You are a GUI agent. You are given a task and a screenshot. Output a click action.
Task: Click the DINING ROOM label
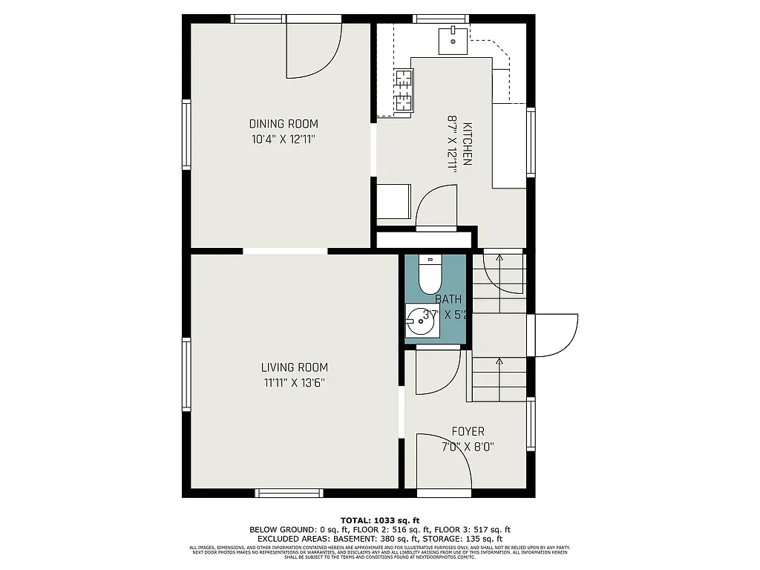[283, 124]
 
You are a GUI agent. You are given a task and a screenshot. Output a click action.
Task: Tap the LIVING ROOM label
[294, 367]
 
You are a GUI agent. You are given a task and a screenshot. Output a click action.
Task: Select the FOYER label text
[468, 431]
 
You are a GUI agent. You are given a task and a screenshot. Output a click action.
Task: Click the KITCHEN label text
[467, 143]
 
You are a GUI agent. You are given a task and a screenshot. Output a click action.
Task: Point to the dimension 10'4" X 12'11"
[283, 139]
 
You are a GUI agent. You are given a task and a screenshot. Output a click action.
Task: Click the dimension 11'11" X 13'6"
[294, 383]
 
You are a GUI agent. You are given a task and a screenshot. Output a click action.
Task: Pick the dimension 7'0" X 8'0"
[468, 447]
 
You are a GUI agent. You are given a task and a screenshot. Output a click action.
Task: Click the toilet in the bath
[429, 275]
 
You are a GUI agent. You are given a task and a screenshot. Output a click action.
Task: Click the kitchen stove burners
[404, 89]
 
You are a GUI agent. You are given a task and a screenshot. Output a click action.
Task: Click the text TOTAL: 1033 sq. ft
[379, 520]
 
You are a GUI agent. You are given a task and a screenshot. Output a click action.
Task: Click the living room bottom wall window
[289, 493]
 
